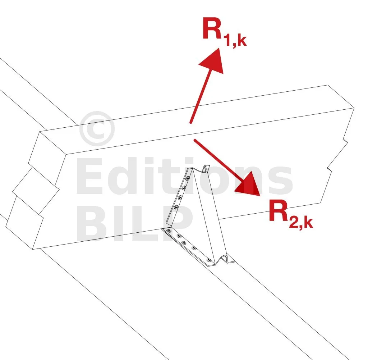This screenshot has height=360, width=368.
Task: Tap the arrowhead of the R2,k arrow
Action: click(249, 184)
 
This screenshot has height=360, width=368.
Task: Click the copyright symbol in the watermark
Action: click(97, 129)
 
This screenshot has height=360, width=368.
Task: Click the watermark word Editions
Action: click(184, 176)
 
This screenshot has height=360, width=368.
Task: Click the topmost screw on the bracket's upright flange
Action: click(188, 179)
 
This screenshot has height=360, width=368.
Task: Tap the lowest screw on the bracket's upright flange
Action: click(176, 207)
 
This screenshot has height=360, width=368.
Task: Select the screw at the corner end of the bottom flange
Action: click(168, 231)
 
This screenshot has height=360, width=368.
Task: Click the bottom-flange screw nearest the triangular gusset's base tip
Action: click(209, 260)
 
